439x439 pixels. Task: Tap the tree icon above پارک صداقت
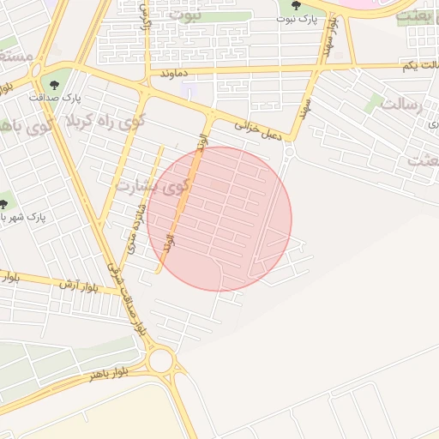pyautogui.click(x=55, y=84)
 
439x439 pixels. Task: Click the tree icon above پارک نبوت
pyautogui.click(x=296, y=5)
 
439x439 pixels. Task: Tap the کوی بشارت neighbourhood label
pyautogui.click(x=151, y=185)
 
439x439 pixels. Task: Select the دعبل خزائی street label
pyautogui.click(x=258, y=129)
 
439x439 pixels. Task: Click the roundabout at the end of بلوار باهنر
pyautogui.click(x=159, y=359)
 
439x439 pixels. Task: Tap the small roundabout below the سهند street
pyautogui.click(x=289, y=152)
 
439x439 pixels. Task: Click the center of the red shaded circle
pyautogui.click(x=219, y=219)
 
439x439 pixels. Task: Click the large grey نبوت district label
pyautogui.click(x=186, y=15)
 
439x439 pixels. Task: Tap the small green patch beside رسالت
pyautogui.click(x=372, y=104)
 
